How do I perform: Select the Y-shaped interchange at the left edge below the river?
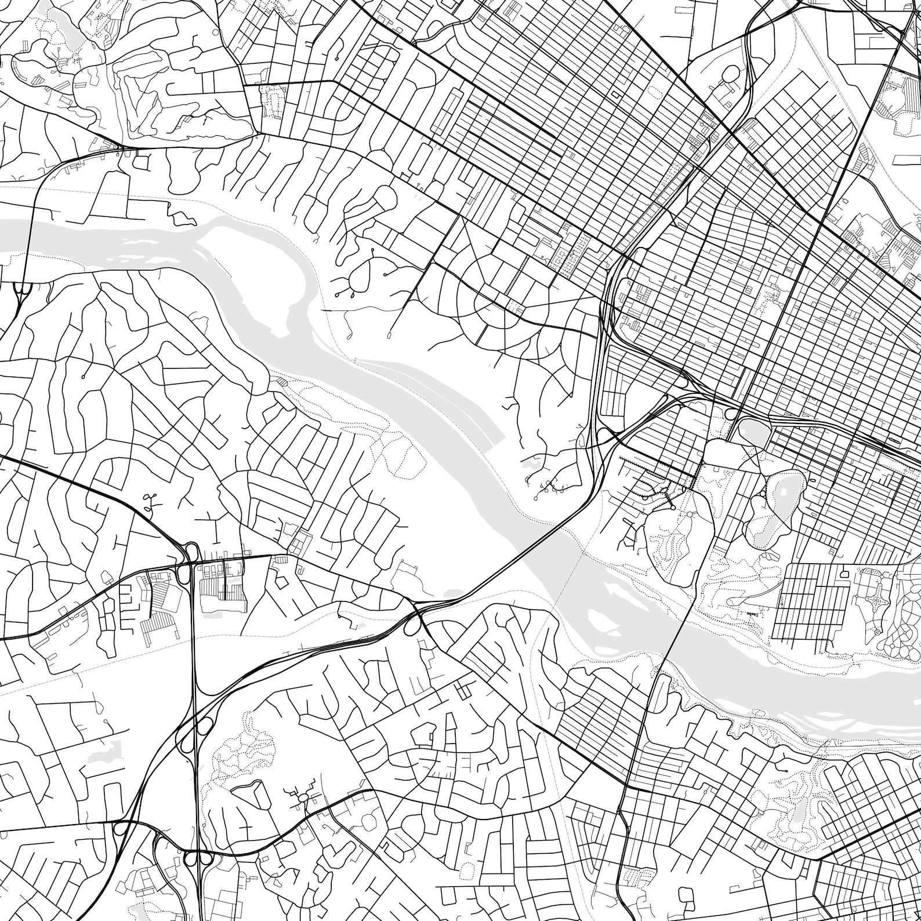click(21, 293)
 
